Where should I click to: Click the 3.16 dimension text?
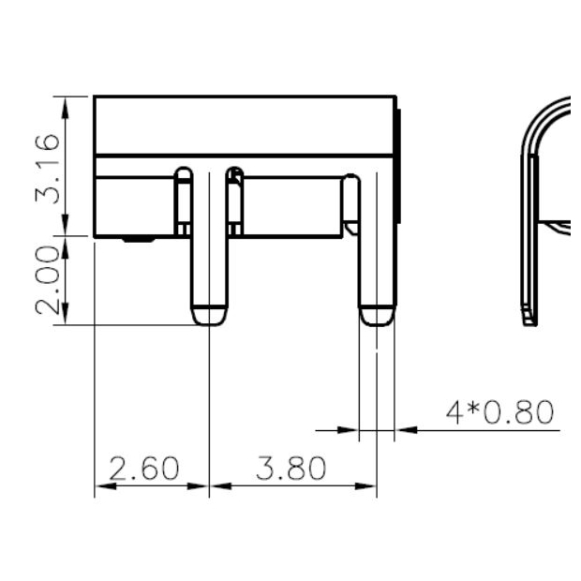coord(50,169)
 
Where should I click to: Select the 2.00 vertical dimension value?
coord(50,280)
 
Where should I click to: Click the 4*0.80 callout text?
coord(499,413)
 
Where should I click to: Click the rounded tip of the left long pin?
coord(208,315)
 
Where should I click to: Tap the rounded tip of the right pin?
coord(376,315)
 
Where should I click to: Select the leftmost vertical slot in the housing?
coord(184,201)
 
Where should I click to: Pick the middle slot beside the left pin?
coord(235,201)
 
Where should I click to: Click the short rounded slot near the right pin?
coord(350,202)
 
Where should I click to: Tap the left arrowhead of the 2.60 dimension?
coord(101,485)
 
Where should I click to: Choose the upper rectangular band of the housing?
coord(244,124)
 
